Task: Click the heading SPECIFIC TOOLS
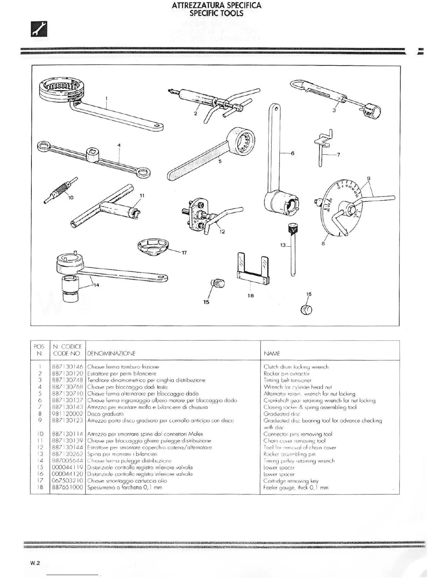pos(216,14)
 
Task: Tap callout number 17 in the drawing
pos(184,253)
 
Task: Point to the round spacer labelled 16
pos(306,310)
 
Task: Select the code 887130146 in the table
pos(68,367)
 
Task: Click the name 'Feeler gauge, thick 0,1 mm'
pos(296,488)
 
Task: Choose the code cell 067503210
pos(68,481)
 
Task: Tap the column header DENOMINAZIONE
pos(111,353)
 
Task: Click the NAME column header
pos(272,353)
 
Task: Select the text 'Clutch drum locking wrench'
pos(296,367)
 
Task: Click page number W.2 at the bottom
pos(35,563)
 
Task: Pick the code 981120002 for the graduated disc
pos(68,414)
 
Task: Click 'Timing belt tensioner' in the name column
pos(287,380)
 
